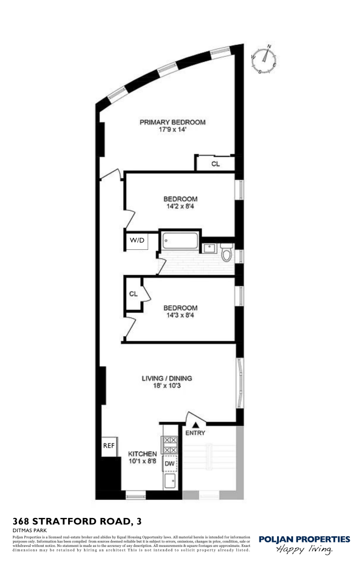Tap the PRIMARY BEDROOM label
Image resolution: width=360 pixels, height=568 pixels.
click(x=173, y=122)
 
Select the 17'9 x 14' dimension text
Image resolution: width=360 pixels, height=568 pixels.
click(x=173, y=130)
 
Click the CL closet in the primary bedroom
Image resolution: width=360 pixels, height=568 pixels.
click(x=215, y=164)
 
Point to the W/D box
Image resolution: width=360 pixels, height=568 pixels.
click(x=137, y=241)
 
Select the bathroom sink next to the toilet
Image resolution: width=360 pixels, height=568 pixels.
click(x=208, y=248)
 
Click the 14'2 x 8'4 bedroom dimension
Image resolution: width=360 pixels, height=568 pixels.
click(x=181, y=207)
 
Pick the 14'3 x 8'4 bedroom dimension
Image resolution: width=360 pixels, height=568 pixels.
click(x=181, y=316)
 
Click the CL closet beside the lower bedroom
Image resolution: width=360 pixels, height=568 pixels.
click(x=133, y=294)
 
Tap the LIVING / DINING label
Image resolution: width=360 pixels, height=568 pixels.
click(x=167, y=378)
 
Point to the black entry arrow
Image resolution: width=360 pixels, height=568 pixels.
click(x=196, y=424)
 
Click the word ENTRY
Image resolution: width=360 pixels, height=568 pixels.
click(x=196, y=433)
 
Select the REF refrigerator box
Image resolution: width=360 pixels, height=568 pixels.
click(x=108, y=446)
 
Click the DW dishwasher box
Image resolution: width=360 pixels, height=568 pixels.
click(x=169, y=464)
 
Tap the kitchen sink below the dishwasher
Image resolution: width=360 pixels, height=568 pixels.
click(x=169, y=482)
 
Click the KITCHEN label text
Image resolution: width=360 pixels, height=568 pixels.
click(x=142, y=454)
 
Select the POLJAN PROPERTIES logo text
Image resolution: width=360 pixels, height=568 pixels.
click(x=304, y=539)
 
